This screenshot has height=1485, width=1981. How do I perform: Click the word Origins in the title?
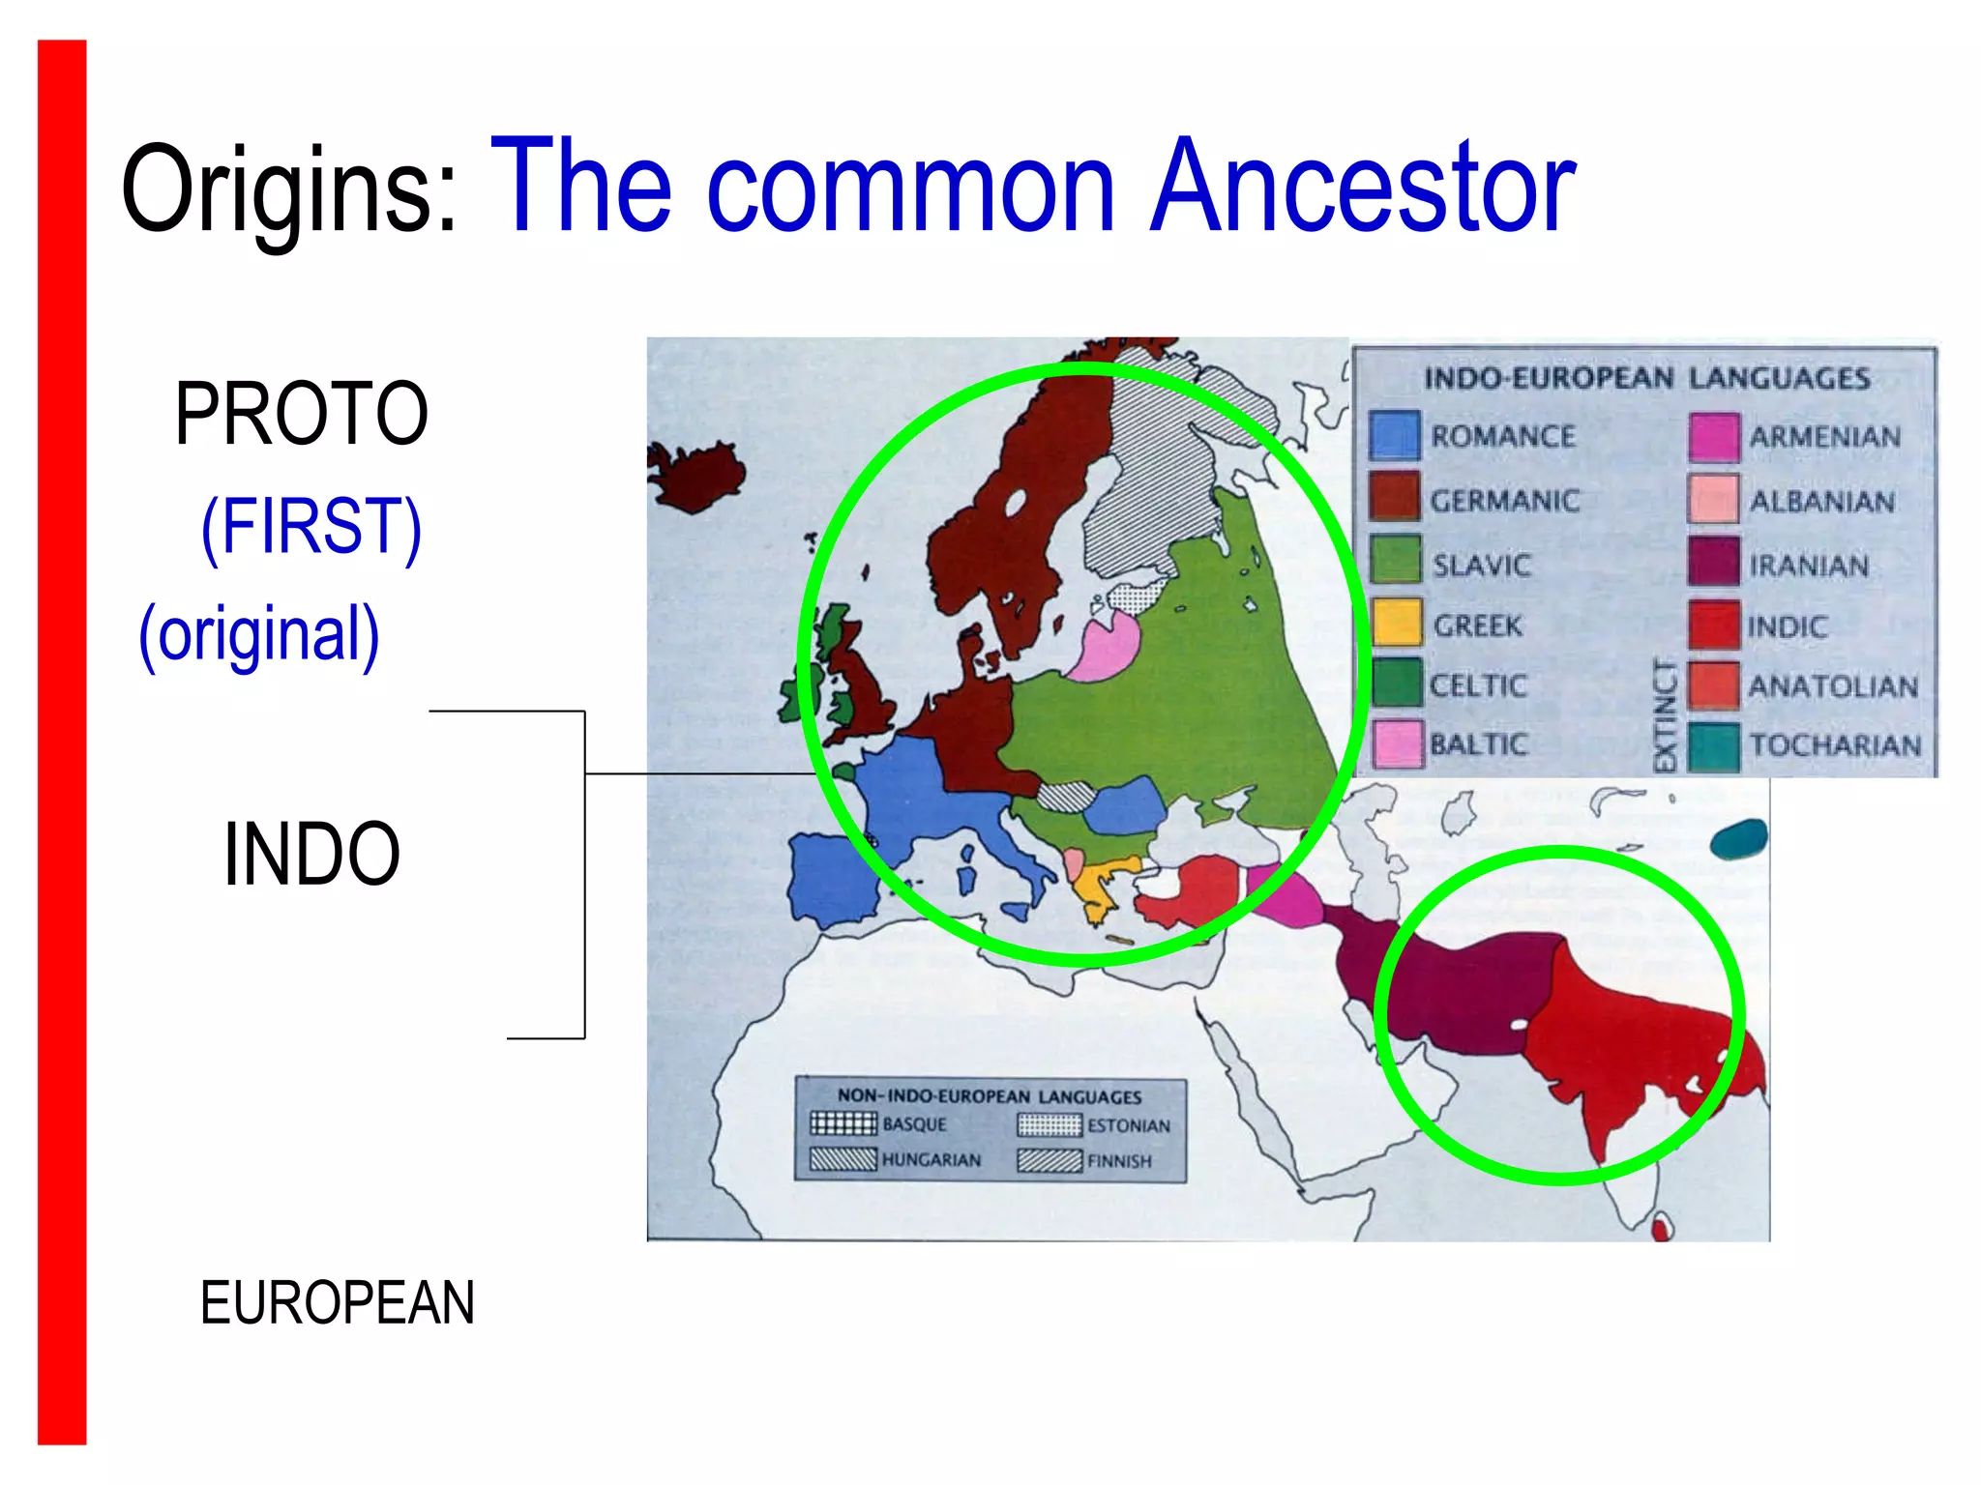click(288, 189)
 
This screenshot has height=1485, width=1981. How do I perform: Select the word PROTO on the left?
click(301, 414)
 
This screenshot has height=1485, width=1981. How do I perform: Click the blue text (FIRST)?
click(311, 527)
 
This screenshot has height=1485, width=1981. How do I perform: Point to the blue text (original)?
click(259, 635)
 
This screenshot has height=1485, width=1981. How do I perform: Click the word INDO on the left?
click(311, 854)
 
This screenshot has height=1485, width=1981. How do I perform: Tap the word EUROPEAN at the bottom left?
click(337, 1302)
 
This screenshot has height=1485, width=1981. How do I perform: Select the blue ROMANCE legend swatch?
click(1395, 436)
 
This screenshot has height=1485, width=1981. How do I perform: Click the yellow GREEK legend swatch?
click(1397, 623)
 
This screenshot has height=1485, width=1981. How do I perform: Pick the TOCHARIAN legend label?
click(1835, 745)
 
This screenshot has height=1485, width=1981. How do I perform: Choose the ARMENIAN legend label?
click(1824, 437)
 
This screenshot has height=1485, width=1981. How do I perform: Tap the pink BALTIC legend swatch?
click(1397, 743)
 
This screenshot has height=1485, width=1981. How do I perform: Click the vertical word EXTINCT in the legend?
click(1664, 714)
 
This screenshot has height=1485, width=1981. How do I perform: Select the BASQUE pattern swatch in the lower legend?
click(843, 1123)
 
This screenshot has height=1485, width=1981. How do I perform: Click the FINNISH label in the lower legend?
click(1119, 1161)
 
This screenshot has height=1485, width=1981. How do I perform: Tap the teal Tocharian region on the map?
click(1738, 837)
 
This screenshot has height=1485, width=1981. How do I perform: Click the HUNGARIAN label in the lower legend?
click(931, 1159)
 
